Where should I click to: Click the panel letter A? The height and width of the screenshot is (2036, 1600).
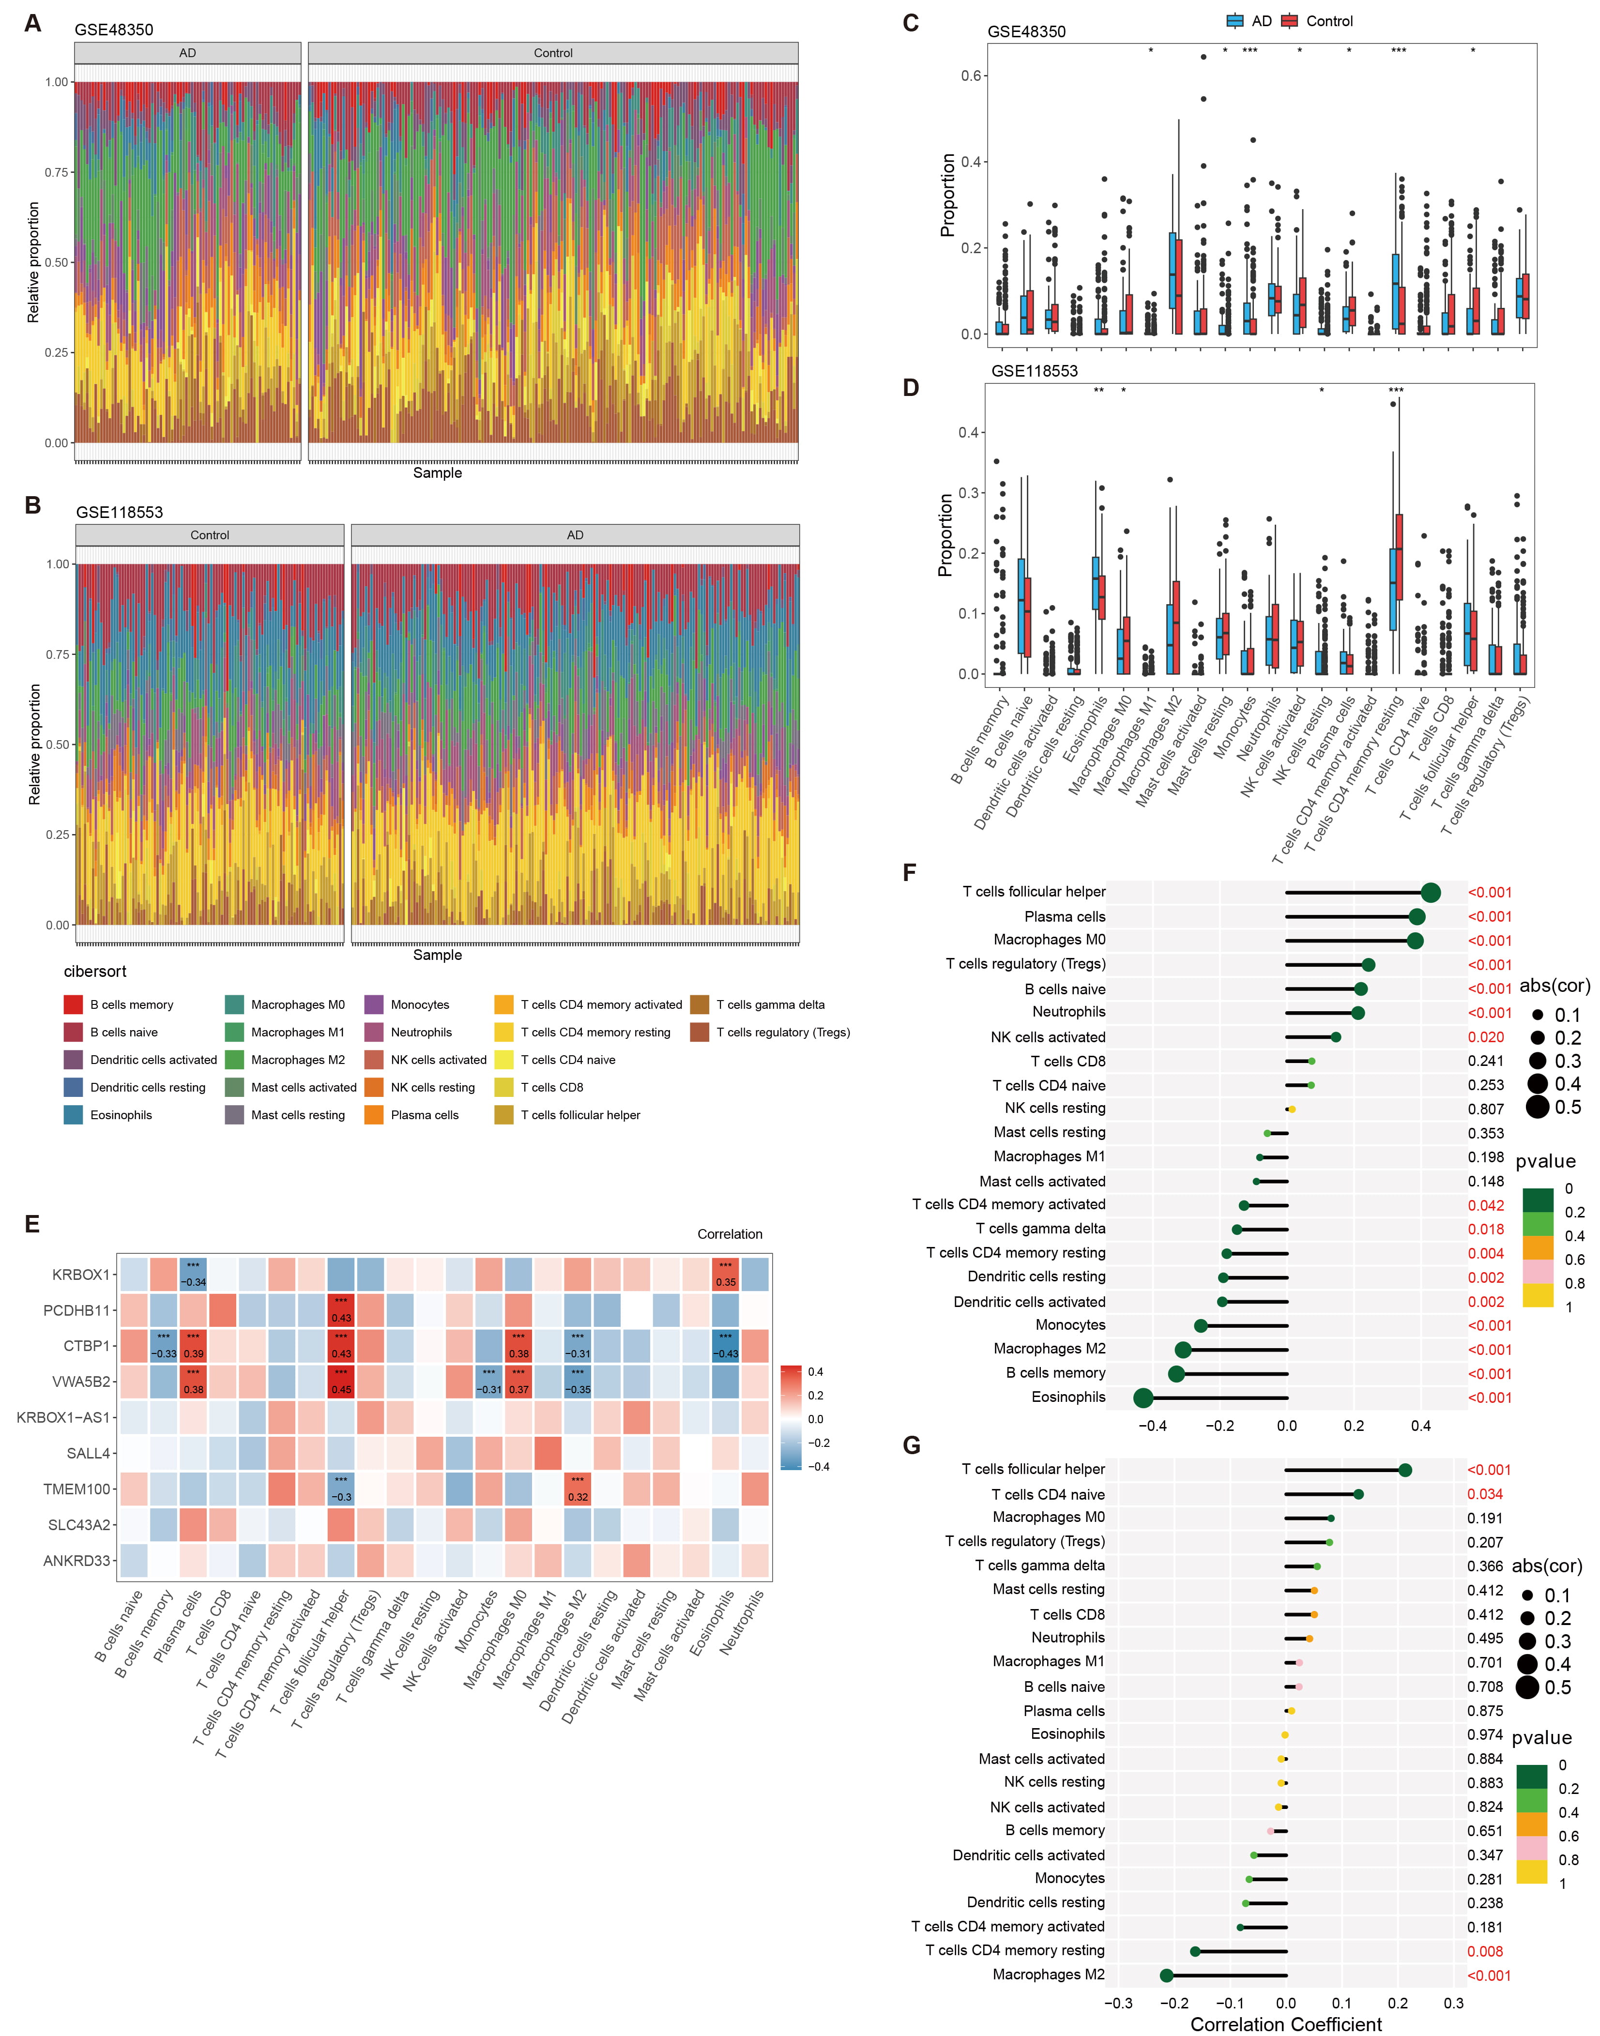click(x=33, y=23)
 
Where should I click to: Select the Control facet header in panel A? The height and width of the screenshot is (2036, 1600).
click(x=553, y=53)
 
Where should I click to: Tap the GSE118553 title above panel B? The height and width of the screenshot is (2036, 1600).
click(x=119, y=512)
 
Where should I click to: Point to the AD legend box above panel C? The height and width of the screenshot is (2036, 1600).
click(x=1234, y=21)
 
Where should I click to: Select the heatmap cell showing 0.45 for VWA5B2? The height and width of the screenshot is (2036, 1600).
click(x=341, y=1382)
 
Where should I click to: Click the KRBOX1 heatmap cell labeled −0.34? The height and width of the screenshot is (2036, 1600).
click(x=193, y=1275)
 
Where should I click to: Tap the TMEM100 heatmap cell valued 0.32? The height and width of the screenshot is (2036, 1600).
click(x=578, y=1489)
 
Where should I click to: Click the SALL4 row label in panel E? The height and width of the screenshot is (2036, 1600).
click(x=88, y=1454)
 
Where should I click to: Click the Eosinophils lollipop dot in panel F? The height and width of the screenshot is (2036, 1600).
click(x=1143, y=1398)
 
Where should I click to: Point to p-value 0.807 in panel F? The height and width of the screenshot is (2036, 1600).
click(x=1486, y=1109)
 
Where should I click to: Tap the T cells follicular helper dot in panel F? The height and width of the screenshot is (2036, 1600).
click(x=1431, y=893)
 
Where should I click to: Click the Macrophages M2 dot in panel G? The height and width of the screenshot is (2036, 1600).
click(x=1166, y=1975)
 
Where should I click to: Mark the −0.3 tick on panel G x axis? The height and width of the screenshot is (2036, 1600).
click(x=1118, y=2003)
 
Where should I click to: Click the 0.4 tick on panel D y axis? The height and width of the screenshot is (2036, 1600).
click(x=968, y=433)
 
